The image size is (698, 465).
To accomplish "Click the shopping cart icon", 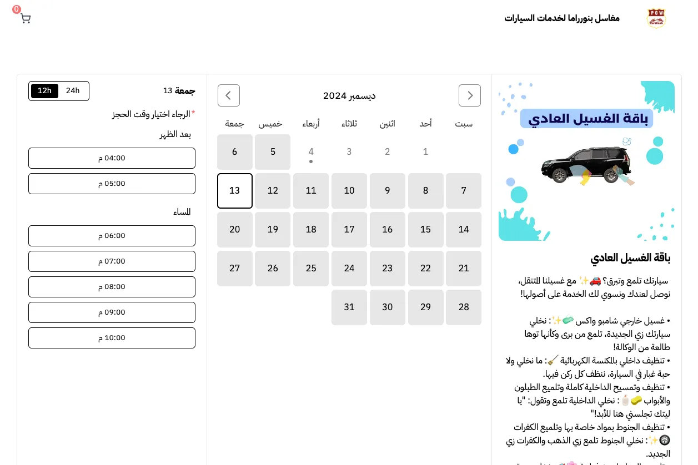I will (x=25, y=18).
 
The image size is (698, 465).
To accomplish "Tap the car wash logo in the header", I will (x=656, y=18).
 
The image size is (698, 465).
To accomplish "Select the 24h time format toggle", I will (x=73, y=91).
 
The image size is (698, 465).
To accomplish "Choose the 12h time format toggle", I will (x=44, y=91).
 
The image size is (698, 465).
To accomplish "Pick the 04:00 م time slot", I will (x=112, y=158).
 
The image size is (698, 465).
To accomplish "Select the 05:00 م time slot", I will (x=112, y=184).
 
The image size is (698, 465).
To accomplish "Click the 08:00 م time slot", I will (x=112, y=287).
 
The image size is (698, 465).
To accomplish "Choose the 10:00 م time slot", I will (x=112, y=338).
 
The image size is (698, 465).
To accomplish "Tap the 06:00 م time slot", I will (x=112, y=236).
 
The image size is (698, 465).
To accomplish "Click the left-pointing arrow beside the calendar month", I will (x=229, y=95).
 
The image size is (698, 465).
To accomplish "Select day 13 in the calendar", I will (x=235, y=191).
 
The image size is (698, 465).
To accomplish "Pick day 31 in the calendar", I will (x=349, y=307).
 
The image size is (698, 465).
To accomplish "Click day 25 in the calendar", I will (x=311, y=269).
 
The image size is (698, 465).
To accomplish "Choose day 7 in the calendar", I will (x=464, y=191).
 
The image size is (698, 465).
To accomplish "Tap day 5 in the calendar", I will (x=273, y=152).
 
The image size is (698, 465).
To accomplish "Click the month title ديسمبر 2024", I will (x=349, y=95).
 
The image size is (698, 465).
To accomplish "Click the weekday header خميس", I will (x=270, y=124).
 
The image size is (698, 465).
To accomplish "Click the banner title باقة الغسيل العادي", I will (x=586, y=119).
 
